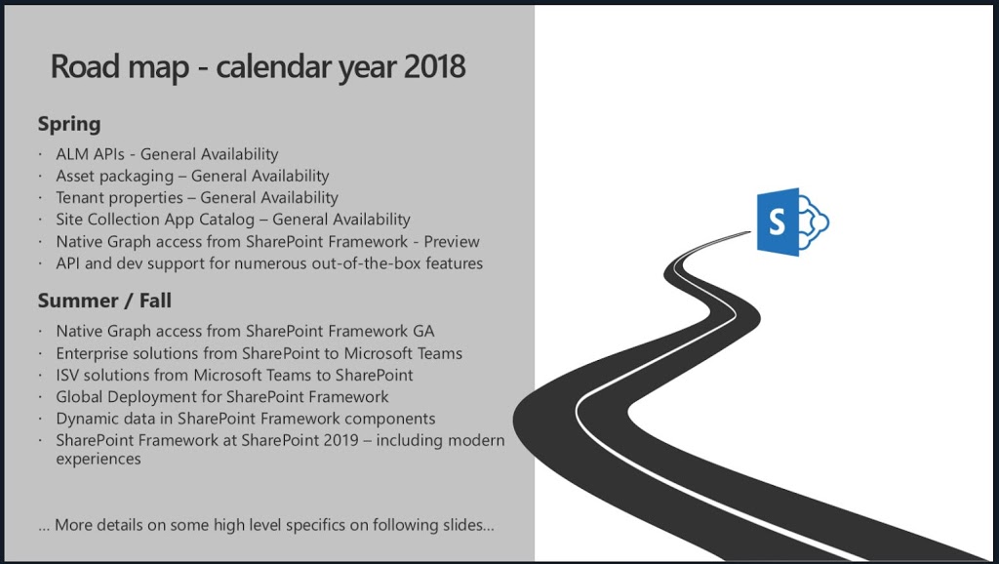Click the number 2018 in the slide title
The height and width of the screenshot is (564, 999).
click(434, 66)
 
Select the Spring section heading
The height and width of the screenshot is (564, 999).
click(69, 124)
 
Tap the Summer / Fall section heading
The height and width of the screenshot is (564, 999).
click(104, 301)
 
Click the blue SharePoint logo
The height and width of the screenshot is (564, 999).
click(792, 222)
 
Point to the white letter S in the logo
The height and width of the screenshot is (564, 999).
click(777, 222)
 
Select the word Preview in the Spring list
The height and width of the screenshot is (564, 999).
click(452, 242)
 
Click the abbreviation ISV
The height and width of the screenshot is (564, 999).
click(67, 375)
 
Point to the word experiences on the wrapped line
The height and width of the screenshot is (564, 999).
click(99, 460)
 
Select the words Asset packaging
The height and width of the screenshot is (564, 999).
click(115, 177)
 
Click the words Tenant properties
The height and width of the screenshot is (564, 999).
click(120, 198)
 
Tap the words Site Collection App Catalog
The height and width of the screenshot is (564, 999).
click(155, 220)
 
